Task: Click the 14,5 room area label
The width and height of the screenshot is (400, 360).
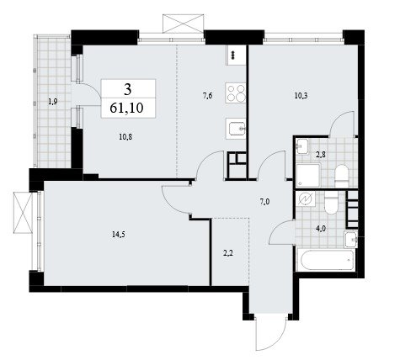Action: (119, 235)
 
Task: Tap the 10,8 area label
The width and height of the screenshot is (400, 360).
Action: (125, 137)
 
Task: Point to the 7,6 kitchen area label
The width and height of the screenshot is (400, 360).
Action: (207, 96)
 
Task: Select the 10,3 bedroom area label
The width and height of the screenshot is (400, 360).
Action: (301, 96)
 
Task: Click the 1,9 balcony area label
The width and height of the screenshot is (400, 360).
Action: (53, 102)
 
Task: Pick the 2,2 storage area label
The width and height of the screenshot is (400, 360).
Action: (227, 253)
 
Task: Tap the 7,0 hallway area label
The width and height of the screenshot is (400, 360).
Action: (265, 201)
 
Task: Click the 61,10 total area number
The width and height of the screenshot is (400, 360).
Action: (126, 108)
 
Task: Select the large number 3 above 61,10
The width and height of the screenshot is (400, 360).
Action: (128, 90)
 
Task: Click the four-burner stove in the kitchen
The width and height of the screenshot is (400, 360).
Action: (236, 93)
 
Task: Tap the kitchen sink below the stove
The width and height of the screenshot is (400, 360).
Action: (236, 129)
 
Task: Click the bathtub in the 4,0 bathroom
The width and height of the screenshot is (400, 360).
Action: (327, 261)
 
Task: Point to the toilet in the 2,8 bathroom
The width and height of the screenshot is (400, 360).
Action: (342, 176)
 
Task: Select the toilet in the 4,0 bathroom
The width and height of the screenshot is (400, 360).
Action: (332, 203)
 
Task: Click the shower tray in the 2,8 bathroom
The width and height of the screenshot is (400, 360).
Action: (308, 176)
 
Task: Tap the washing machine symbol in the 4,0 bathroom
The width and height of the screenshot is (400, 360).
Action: (305, 199)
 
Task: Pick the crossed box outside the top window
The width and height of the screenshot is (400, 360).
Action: (183, 24)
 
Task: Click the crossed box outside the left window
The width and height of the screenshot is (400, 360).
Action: (23, 212)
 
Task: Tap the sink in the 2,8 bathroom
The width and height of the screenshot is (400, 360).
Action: (302, 146)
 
